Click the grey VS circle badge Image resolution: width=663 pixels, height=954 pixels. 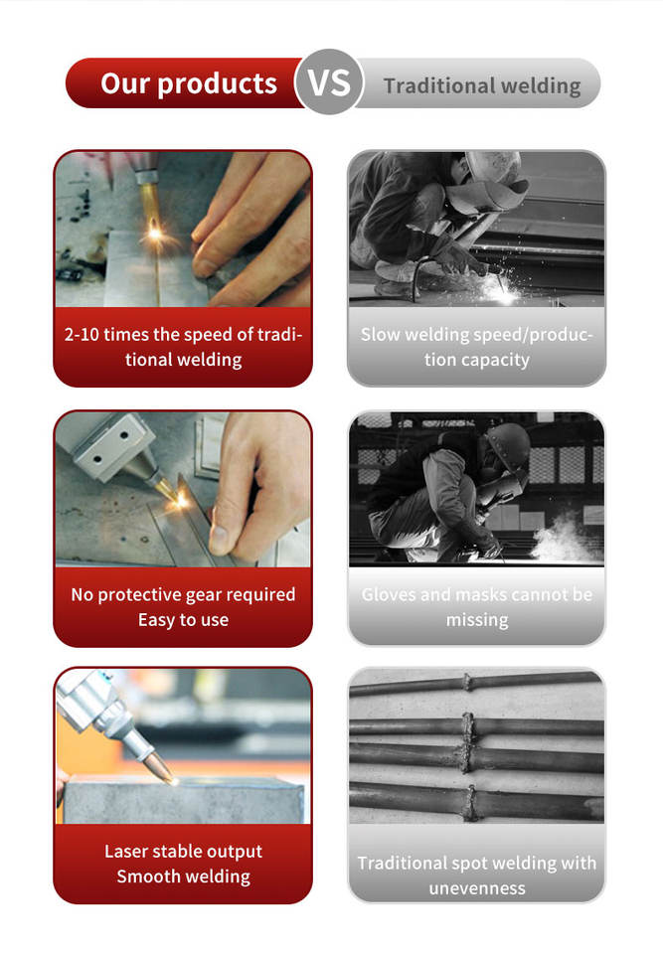tap(329, 82)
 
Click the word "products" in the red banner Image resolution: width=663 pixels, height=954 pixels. tap(218, 83)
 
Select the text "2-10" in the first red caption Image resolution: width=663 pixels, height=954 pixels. tap(82, 335)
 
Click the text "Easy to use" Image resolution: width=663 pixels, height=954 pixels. tap(183, 620)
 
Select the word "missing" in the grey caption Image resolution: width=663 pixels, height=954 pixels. tap(477, 620)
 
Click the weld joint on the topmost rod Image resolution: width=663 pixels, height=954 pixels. tap(467, 682)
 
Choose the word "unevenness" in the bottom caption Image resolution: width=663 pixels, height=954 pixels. tap(477, 888)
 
